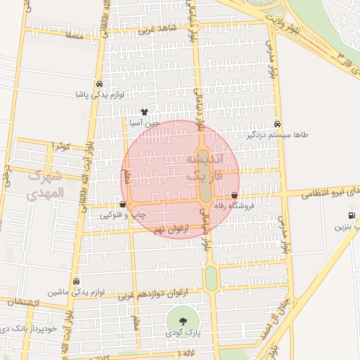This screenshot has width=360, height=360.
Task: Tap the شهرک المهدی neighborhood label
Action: pos(46,184)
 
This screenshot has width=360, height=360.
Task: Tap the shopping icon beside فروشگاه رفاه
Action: pos(234,195)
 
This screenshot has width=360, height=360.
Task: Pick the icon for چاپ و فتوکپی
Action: pos(124,205)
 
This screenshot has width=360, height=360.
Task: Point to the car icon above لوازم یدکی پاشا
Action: pos(100,83)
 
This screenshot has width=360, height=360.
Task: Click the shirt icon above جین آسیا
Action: pos(144,111)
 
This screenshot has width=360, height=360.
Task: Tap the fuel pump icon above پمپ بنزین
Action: pos(351,216)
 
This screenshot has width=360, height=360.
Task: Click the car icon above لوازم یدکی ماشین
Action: pos(76,281)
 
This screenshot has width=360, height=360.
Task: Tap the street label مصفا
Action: pos(73,34)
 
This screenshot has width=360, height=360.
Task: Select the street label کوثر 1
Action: pos(61,146)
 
